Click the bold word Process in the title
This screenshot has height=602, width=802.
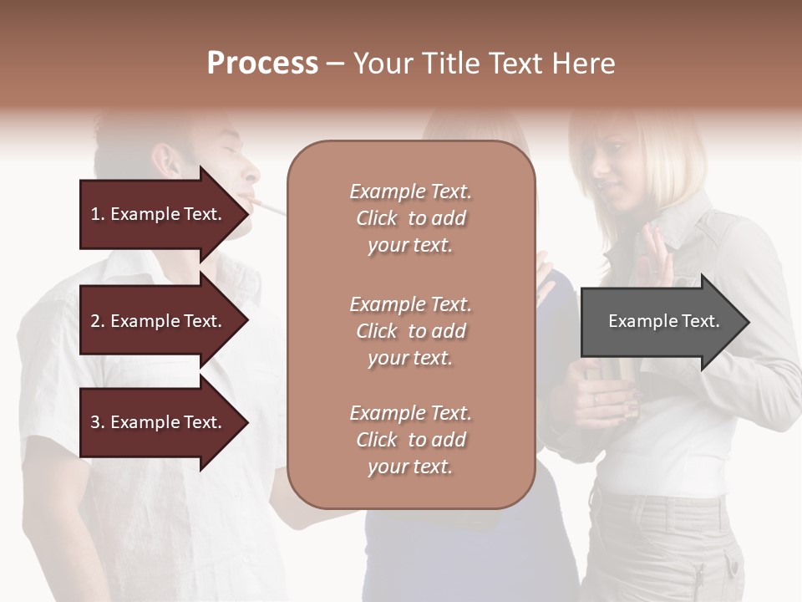coord(262,64)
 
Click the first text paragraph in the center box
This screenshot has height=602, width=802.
coord(410,218)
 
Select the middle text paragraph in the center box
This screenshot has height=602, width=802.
coord(410,331)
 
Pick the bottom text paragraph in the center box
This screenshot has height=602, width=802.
coord(410,440)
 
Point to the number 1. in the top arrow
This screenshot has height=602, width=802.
coord(98,214)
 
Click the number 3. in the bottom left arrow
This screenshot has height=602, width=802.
coord(98,422)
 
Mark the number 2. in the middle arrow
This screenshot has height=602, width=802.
coord(98,321)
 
